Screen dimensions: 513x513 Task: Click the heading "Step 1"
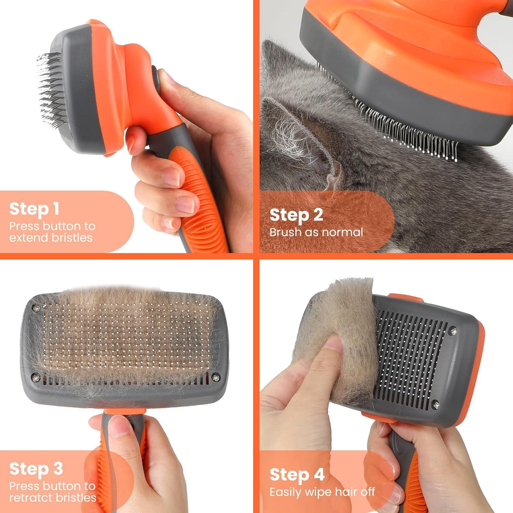click(x=34, y=209)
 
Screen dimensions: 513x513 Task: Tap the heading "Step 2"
click(x=296, y=215)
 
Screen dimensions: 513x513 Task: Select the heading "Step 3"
click(x=36, y=469)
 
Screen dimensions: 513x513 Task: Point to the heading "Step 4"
click(x=297, y=475)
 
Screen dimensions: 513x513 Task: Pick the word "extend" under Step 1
click(x=27, y=237)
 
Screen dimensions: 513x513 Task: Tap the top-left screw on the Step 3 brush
click(x=35, y=308)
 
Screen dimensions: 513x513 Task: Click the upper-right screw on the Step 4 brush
click(x=453, y=331)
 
